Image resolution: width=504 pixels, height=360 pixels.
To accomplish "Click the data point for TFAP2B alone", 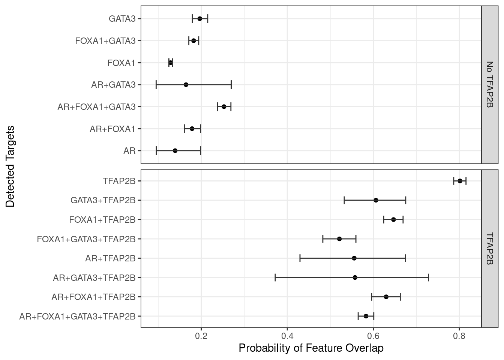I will [x=460, y=181].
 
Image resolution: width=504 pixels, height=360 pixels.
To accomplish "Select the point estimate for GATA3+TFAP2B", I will [x=376, y=200].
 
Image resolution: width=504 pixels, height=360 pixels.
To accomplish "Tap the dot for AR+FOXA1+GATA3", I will [x=224, y=106].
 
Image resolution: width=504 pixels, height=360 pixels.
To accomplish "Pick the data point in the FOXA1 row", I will [x=171, y=63].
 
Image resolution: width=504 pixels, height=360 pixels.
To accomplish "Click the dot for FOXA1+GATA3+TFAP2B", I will [x=339, y=239].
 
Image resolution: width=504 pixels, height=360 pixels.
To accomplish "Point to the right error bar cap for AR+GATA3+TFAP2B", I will [x=428, y=277].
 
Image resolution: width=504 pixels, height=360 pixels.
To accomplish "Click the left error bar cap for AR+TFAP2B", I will [x=300, y=258].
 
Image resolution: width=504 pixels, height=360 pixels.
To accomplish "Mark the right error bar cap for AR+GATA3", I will [x=231, y=85].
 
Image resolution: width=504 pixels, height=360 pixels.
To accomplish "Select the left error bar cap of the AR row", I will [x=156, y=151].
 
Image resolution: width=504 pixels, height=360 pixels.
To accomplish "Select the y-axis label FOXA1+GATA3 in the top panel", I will [x=105, y=41].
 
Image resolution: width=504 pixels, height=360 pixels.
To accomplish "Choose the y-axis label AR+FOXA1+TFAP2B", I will [x=93, y=297].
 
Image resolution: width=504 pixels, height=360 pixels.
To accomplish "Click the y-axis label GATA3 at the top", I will [x=122, y=18].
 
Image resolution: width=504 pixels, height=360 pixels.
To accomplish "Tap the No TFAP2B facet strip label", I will [x=489, y=85].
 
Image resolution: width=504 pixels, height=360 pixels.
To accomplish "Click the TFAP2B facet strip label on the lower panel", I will [x=489, y=249].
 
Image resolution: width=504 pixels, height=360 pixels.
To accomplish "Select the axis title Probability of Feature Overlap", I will [x=311, y=348].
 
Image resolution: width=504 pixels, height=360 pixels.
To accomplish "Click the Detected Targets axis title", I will [x=10, y=166].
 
